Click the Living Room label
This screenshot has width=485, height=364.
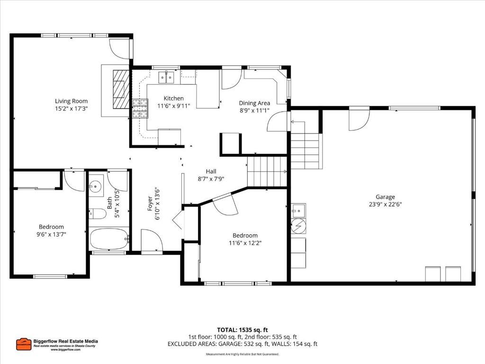tap(71, 101)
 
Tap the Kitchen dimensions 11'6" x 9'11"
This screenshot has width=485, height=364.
tap(173, 106)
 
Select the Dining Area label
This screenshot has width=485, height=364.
tap(254, 103)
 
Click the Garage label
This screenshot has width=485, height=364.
tap(385, 197)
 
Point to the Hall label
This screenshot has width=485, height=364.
tap(211, 171)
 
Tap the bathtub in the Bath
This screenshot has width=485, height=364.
tap(109, 239)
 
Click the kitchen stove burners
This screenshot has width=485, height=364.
tap(140, 109)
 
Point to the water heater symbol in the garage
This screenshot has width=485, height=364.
tap(299, 226)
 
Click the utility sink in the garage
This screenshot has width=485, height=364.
tap(299, 209)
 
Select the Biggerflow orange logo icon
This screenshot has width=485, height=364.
tap(23, 344)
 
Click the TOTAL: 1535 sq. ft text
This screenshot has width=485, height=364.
tap(242, 329)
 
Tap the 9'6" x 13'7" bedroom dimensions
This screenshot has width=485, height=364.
tap(52, 234)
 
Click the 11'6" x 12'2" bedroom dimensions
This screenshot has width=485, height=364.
tap(245, 243)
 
